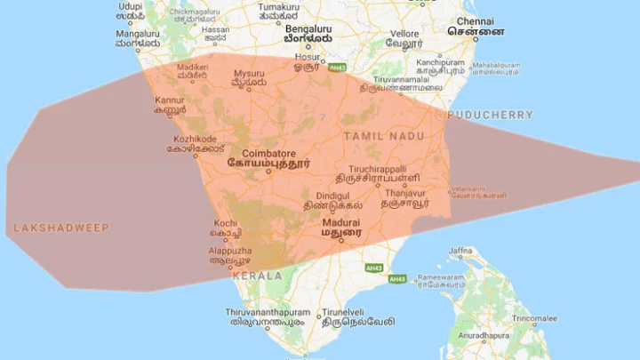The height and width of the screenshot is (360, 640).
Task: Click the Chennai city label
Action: [x=476, y=20]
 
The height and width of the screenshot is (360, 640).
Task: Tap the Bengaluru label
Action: [x=308, y=28]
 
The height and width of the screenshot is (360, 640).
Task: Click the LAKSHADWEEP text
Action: [x=61, y=228]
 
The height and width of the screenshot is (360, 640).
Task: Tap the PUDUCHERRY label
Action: [x=491, y=116]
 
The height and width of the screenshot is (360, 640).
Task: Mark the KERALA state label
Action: [x=259, y=276]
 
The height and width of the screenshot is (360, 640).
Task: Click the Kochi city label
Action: [x=225, y=222]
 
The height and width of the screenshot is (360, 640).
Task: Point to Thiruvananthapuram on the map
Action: [x=268, y=313]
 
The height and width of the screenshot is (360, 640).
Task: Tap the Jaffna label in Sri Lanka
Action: [x=460, y=251]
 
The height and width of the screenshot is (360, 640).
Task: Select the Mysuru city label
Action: [x=249, y=73]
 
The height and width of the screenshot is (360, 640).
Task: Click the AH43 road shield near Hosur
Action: [x=337, y=67]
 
